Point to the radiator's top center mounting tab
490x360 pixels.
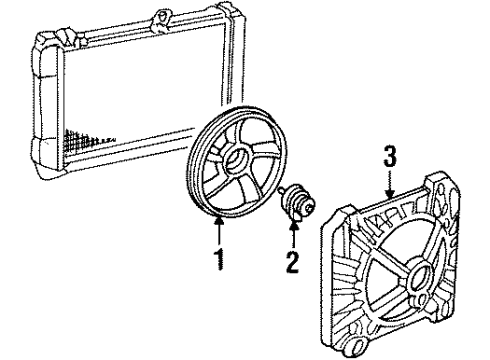[160, 19]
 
